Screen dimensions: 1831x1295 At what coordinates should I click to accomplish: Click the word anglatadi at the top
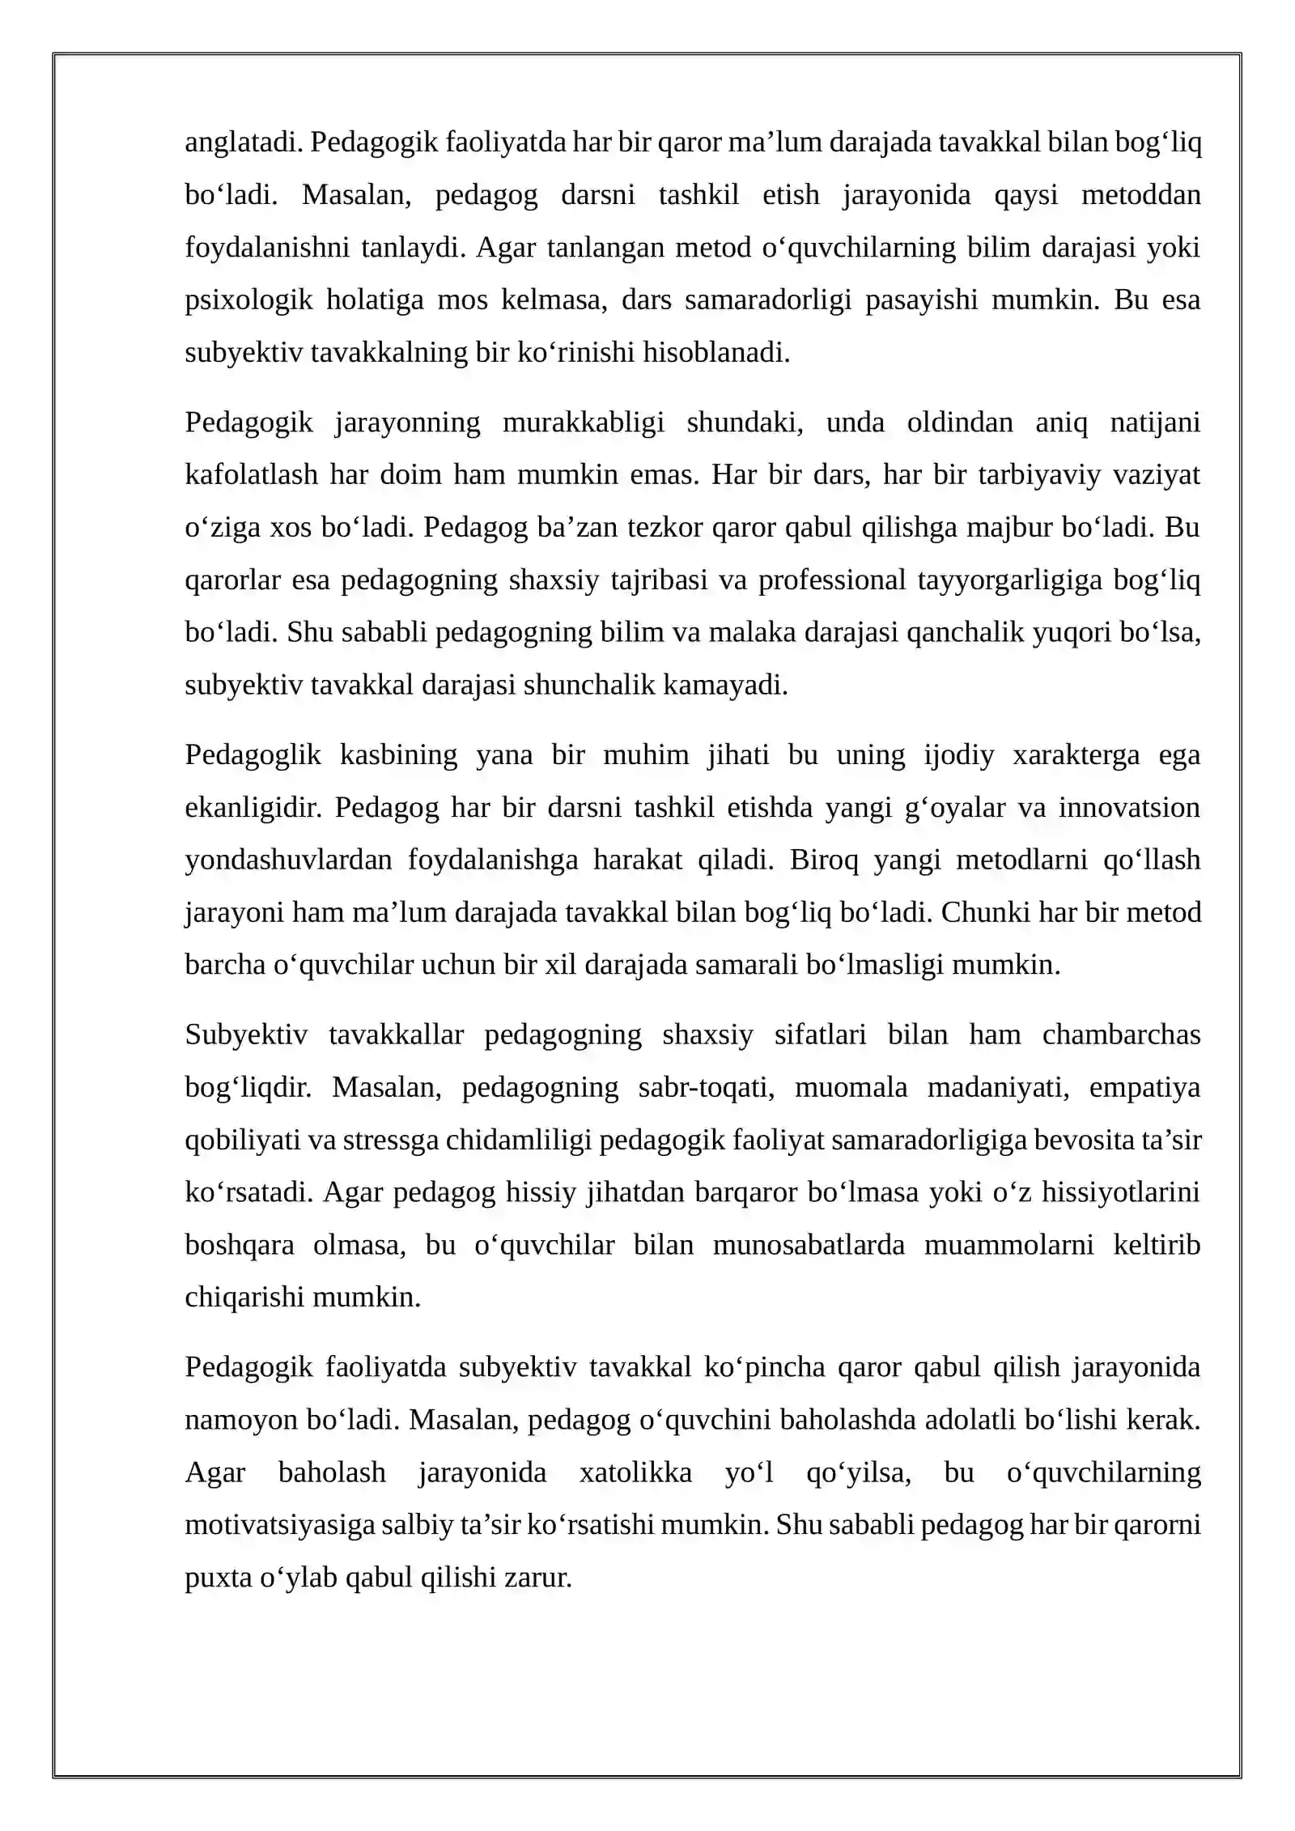[x=244, y=142]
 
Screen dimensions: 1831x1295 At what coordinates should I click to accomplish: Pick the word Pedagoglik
[x=253, y=755]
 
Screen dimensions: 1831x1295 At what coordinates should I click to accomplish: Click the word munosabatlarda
[x=809, y=1246]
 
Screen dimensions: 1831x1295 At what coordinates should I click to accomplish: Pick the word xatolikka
[x=635, y=1473]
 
